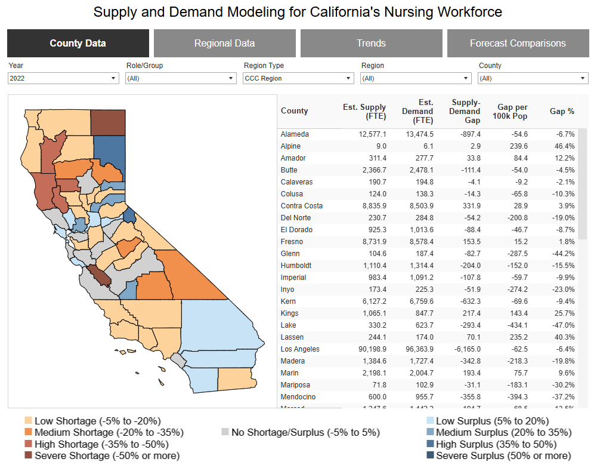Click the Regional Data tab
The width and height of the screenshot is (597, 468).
coord(224,43)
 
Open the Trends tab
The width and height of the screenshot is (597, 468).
coord(371,43)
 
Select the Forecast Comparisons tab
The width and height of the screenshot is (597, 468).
coord(518,43)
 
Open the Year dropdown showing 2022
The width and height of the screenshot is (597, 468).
coord(63,78)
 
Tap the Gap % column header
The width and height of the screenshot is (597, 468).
coord(562,111)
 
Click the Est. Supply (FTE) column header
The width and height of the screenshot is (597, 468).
coord(364,112)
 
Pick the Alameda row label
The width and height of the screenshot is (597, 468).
coord(295,134)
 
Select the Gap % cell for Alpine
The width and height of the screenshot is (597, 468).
coord(563,146)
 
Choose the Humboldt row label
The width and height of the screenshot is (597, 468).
coord(296,266)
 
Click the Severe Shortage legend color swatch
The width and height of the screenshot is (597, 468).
coord(27,456)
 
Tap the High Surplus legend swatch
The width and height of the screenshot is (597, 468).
coord(429,444)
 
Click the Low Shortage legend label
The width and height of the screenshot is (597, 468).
coord(97,420)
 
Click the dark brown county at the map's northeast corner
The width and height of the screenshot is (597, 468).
coord(108,122)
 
